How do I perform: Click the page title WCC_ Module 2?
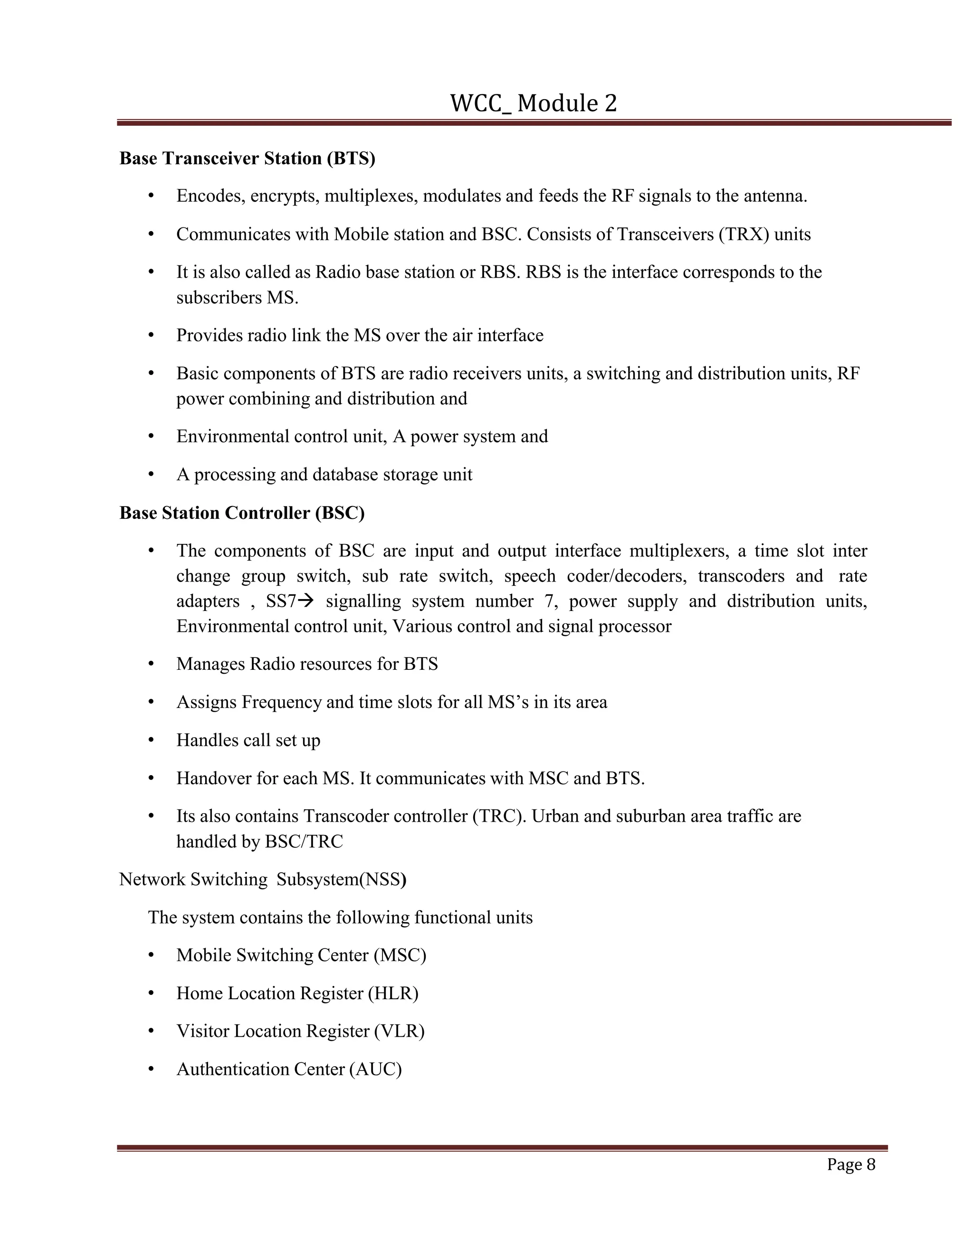coord(533,103)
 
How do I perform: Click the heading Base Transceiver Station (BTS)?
coord(247,159)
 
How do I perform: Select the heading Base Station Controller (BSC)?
coord(242,513)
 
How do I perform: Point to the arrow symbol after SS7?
coord(306,601)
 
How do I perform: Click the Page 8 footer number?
coord(851,1164)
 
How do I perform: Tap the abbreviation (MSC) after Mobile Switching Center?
coord(400,956)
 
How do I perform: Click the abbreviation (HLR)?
coord(393,994)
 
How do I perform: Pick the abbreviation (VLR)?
coord(399,1031)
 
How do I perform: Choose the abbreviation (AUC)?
coord(375,1069)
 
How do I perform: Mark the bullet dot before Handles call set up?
coord(151,740)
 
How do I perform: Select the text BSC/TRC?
coord(303,842)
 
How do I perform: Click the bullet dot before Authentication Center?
coord(151,1069)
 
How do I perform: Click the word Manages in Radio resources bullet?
coord(210,665)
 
